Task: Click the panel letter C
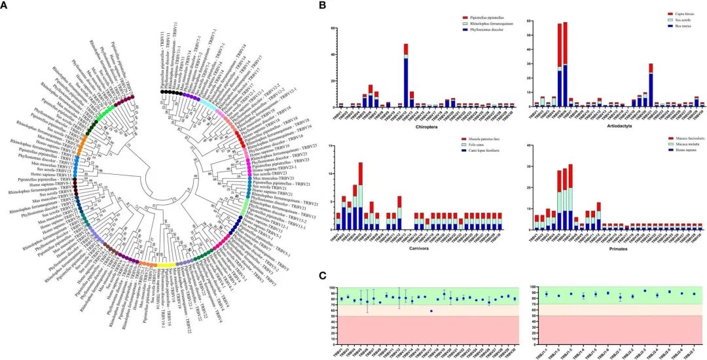click(x=321, y=277)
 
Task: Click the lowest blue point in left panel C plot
click(x=431, y=311)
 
